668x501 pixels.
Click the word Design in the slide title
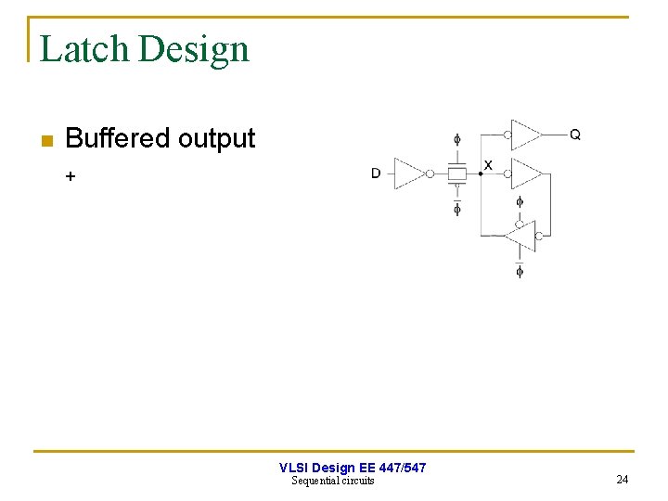194,49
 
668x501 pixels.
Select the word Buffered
118,138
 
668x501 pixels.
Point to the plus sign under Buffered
71,175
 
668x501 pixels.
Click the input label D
376,173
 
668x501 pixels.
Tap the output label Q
575,135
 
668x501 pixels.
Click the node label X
488,165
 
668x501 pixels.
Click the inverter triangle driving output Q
525,135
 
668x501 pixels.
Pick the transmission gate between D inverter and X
456,173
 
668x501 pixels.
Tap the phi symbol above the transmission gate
456,140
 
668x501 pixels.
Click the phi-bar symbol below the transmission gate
456,208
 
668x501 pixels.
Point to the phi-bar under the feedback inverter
520,270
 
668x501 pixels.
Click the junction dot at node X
480,173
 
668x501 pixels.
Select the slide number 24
622,480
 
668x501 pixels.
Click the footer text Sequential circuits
333,481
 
